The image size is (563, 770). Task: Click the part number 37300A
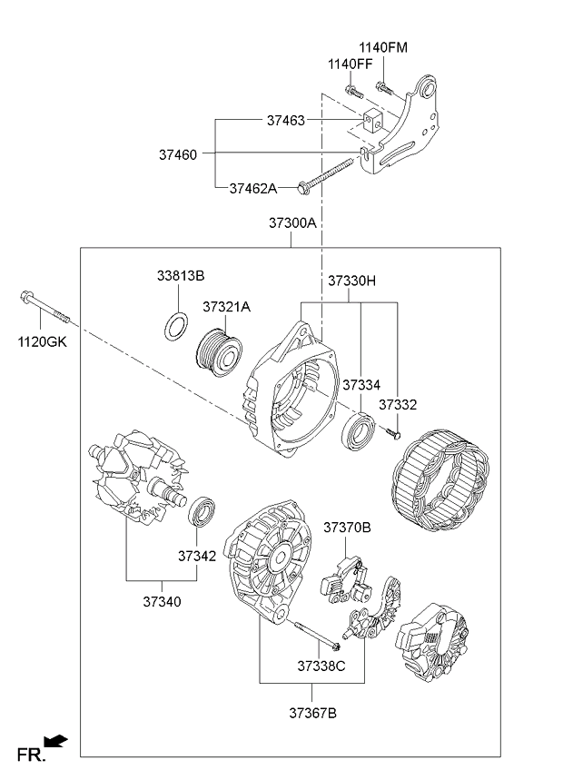pyautogui.click(x=291, y=222)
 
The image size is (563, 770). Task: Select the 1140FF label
pyautogui.click(x=351, y=64)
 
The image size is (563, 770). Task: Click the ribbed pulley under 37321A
pyautogui.click(x=220, y=350)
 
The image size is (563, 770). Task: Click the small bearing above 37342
pyautogui.click(x=202, y=511)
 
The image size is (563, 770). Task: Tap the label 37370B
pyautogui.click(x=348, y=527)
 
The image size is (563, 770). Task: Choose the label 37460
pyautogui.click(x=177, y=155)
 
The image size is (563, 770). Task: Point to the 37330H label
pyautogui.click(x=351, y=281)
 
